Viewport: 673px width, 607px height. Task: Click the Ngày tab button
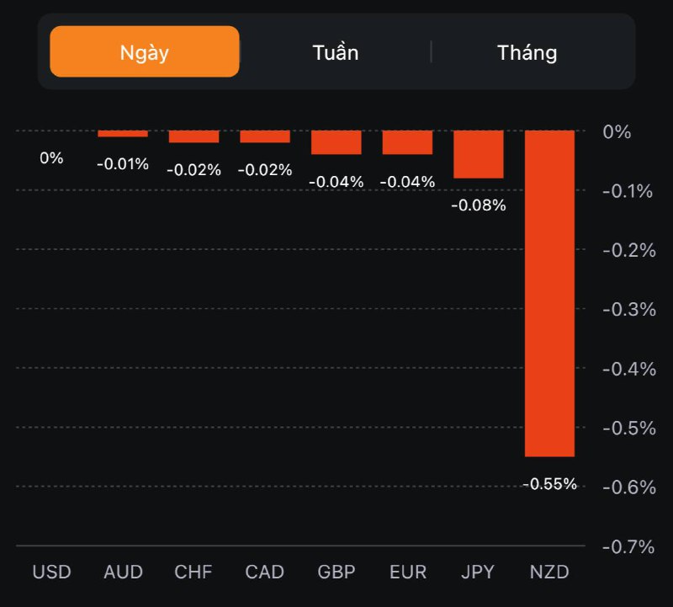(145, 52)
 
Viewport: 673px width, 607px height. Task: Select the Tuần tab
(335, 52)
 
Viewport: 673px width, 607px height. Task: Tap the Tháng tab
(527, 52)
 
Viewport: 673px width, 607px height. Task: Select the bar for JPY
(479, 154)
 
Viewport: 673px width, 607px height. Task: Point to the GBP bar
(336, 142)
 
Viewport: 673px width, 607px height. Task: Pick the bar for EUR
(407, 142)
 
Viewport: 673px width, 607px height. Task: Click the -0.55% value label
(550, 484)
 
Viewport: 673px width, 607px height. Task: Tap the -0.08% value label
(479, 205)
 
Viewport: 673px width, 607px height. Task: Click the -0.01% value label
(123, 164)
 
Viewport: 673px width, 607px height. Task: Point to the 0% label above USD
(51, 157)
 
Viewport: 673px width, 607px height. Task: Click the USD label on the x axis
(51, 572)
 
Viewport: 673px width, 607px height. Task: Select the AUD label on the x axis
(123, 572)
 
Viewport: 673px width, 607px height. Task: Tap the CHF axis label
(194, 572)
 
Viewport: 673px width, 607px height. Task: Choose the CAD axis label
(265, 572)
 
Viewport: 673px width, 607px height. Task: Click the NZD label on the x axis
(550, 572)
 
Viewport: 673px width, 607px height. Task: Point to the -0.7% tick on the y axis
(628, 546)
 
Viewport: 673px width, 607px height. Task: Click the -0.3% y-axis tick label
(628, 310)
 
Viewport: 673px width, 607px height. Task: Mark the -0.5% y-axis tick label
(628, 429)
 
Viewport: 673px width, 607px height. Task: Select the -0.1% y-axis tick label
(628, 191)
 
